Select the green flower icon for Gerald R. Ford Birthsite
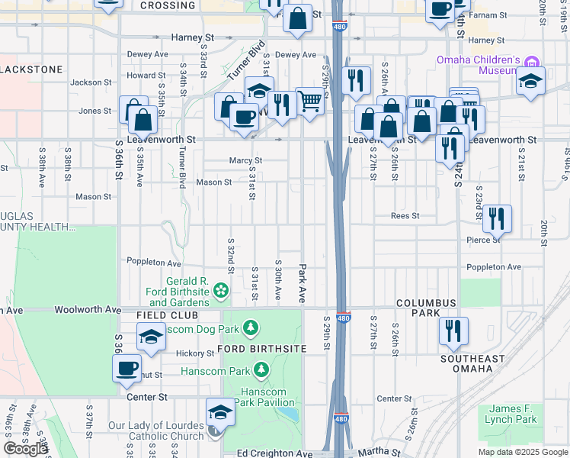click(x=220, y=290)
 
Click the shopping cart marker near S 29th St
click(x=309, y=100)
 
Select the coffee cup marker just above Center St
click(x=126, y=369)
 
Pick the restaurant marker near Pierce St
click(x=497, y=218)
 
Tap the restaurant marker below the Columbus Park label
click(x=453, y=331)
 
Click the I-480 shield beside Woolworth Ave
click(x=343, y=318)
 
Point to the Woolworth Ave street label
click(x=94, y=310)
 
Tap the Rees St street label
click(x=405, y=216)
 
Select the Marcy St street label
click(x=246, y=160)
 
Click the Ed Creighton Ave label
click(x=270, y=453)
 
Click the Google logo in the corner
click(x=25, y=449)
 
